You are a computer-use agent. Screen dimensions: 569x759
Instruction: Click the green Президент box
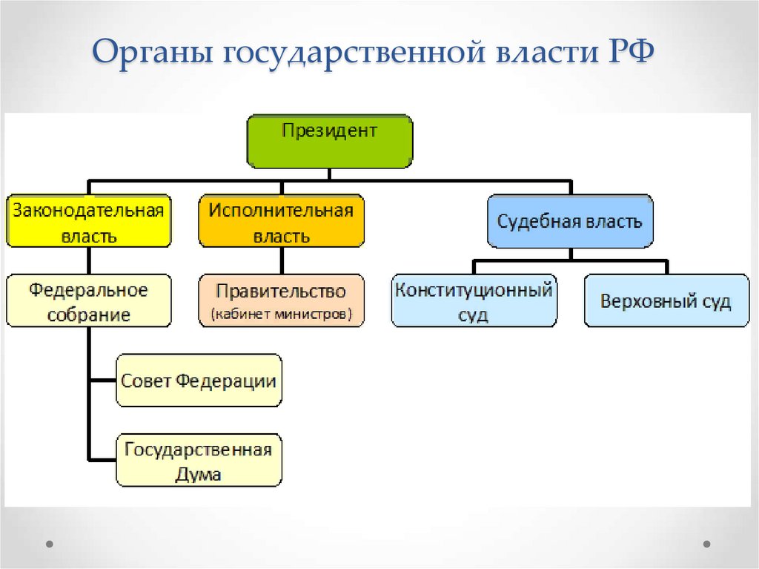329,141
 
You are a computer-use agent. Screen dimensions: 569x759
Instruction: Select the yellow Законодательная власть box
88,221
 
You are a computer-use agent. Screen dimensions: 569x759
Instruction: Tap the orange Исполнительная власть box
281,221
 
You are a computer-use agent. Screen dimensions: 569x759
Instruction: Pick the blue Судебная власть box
570,221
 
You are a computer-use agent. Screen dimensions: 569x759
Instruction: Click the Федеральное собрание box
88,301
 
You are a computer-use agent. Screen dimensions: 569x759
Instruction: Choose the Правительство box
281,301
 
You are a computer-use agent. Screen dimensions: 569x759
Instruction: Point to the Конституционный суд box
474,301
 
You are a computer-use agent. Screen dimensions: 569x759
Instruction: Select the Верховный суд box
666,301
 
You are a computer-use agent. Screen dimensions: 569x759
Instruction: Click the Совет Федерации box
199,381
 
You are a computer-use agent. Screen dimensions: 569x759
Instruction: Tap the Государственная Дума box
199,460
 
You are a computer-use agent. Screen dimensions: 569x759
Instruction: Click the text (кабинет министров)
281,315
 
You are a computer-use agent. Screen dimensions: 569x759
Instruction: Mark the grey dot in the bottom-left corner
50,544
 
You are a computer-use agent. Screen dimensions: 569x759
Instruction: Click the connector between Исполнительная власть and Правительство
281,260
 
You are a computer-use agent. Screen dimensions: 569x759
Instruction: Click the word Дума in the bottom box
198,473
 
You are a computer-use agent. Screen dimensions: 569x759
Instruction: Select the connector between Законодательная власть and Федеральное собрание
88,260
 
